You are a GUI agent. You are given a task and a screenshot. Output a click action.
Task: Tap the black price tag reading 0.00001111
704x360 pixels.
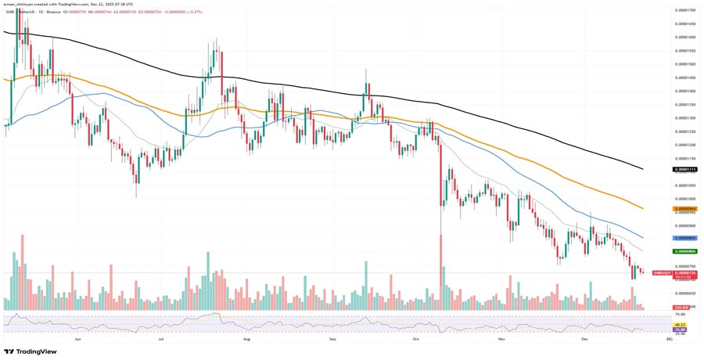pos(684,169)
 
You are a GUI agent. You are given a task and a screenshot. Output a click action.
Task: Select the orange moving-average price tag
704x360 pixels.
pos(684,209)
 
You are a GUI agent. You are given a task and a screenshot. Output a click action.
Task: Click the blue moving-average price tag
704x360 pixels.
pos(684,237)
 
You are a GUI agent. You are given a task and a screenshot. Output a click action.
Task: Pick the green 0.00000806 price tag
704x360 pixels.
pos(684,251)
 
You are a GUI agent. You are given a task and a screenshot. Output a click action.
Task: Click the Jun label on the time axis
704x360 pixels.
pos(78,340)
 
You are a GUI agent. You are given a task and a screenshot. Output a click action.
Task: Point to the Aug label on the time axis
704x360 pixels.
pos(246,340)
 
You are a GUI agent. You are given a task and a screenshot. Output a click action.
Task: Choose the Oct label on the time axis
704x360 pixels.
pos(417,340)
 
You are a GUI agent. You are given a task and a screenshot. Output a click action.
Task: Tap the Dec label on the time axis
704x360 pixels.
pos(584,340)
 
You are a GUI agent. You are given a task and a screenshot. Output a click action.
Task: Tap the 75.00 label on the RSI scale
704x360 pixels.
pos(681,315)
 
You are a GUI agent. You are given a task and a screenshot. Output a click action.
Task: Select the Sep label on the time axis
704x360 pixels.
pos(332,340)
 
